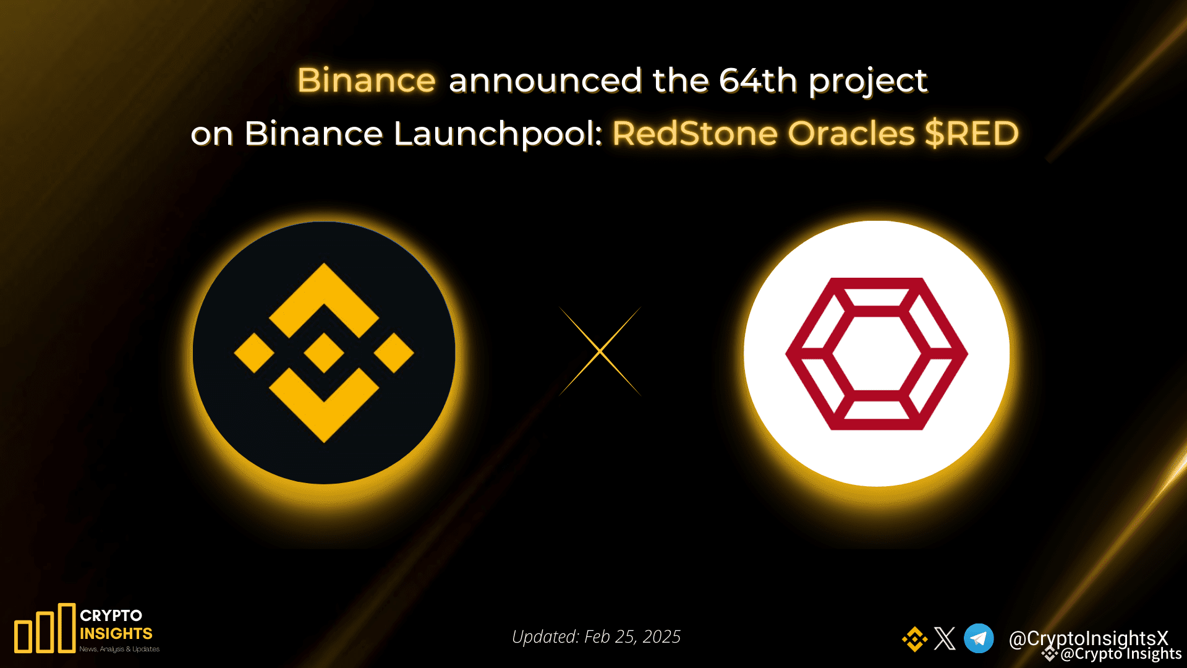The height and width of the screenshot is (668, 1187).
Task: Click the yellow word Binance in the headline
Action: pyautogui.click(x=367, y=81)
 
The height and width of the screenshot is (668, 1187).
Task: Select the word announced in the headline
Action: pyautogui.click(x=545, y=81)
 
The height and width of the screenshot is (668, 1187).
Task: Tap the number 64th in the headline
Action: pyautogui.click(x=758, y=81)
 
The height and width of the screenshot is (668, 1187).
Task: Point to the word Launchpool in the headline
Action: pyautogui.click(x=498, y=134)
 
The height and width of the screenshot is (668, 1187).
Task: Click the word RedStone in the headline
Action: pyautogui.click(x=695, y=134)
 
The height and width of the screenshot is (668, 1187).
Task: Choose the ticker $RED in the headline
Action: pyautogui.click(x=972, y=134)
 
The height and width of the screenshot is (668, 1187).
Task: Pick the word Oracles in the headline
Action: pyautogui.click(x=851, y=134)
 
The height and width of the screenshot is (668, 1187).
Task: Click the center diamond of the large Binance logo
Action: pyautogui.click(x=324, y=353)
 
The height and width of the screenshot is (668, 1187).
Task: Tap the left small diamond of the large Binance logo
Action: pyautogui.click(x=254, y=353)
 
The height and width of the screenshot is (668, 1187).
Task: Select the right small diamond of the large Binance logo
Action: pyautogui.click(x=394, y=353)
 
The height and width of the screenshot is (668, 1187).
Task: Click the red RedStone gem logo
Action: pyautogui.click(x=877, y=354)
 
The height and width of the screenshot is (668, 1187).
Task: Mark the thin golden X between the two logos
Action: pyautogui.click(x=600, y=351)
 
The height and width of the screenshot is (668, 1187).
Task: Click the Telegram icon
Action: pyautogui.click(x=979, y=638)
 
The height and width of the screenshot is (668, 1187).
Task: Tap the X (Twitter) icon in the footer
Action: pyautogui.click(x=945, y=638)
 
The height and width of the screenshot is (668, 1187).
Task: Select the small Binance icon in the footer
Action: pyautogui.click(x=914, y=639)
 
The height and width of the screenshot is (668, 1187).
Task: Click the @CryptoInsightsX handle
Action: pyautogui.click(x=1088, y=638)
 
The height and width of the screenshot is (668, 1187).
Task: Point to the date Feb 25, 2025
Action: pyautogui.click(x=632, y=636)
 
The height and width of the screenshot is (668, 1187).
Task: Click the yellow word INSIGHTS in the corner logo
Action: pyautogui.click(x=116, y=633)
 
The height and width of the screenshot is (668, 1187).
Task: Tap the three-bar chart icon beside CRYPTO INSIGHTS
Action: pyautogui.click(x=45, y=628)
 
